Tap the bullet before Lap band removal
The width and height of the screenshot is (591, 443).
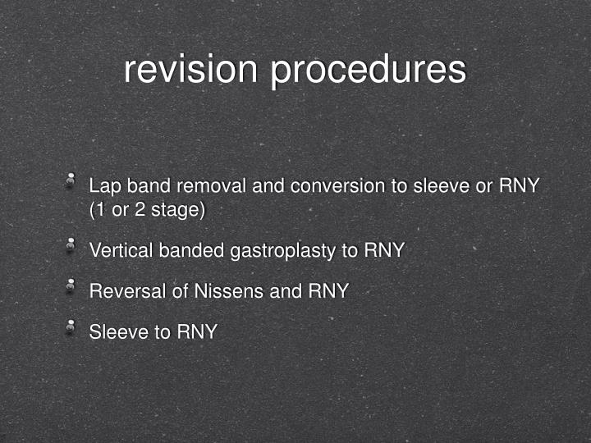[71, 180]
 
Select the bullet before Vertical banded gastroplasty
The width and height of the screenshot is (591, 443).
[71, 244]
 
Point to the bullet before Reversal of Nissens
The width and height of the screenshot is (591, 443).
[71, 285]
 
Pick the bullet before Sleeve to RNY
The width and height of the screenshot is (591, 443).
[71, 327]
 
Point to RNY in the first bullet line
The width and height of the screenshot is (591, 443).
[519, 186]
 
